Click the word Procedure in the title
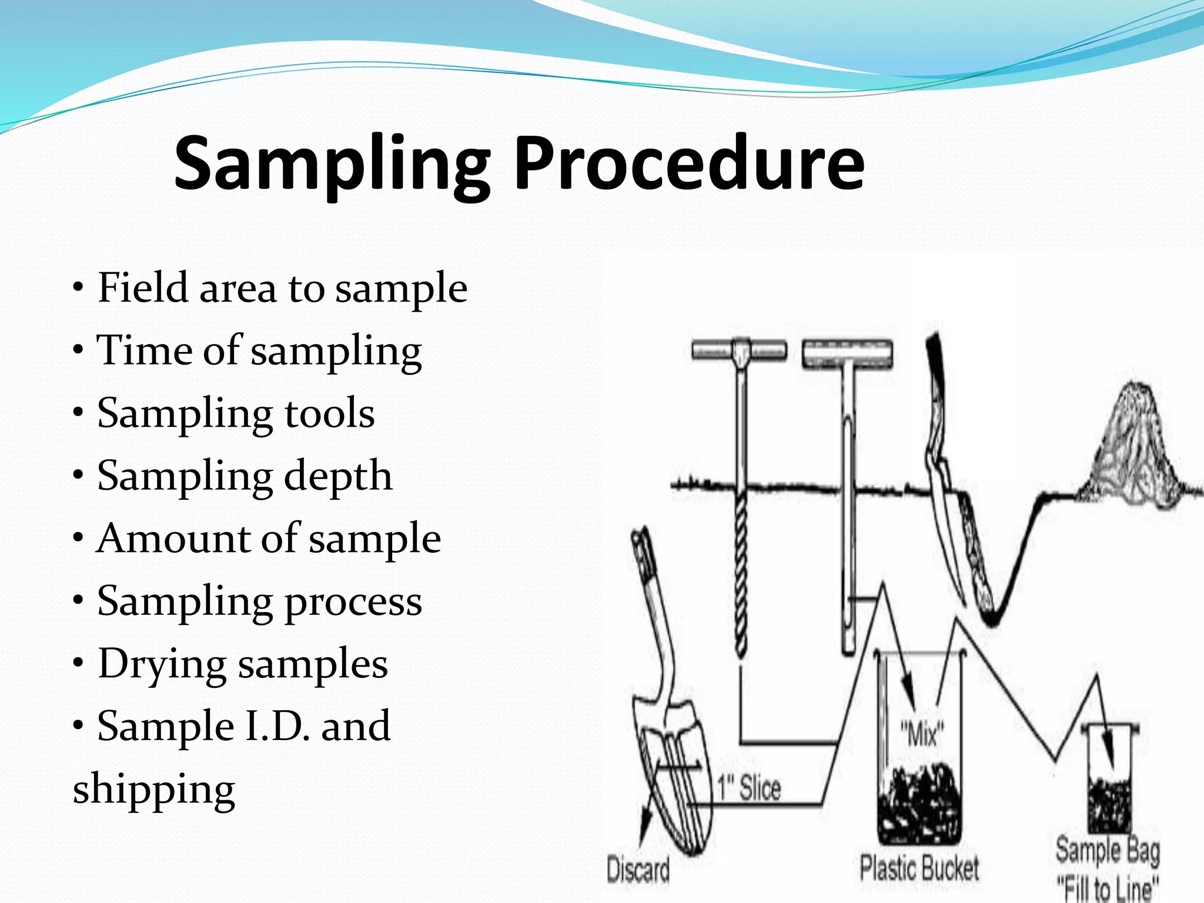689,163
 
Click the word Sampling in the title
332,163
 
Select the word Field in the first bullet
142,288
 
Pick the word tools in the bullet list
329,413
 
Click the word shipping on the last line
154,790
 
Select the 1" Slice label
748,788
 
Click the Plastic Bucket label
919,868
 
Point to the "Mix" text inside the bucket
922,734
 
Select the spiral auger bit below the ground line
741,576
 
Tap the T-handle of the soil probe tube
847,354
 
